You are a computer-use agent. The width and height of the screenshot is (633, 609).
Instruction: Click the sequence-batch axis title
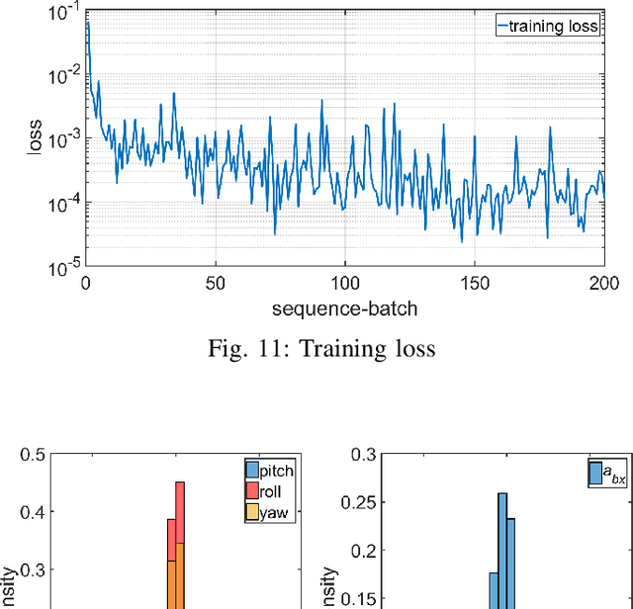[345, 308]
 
